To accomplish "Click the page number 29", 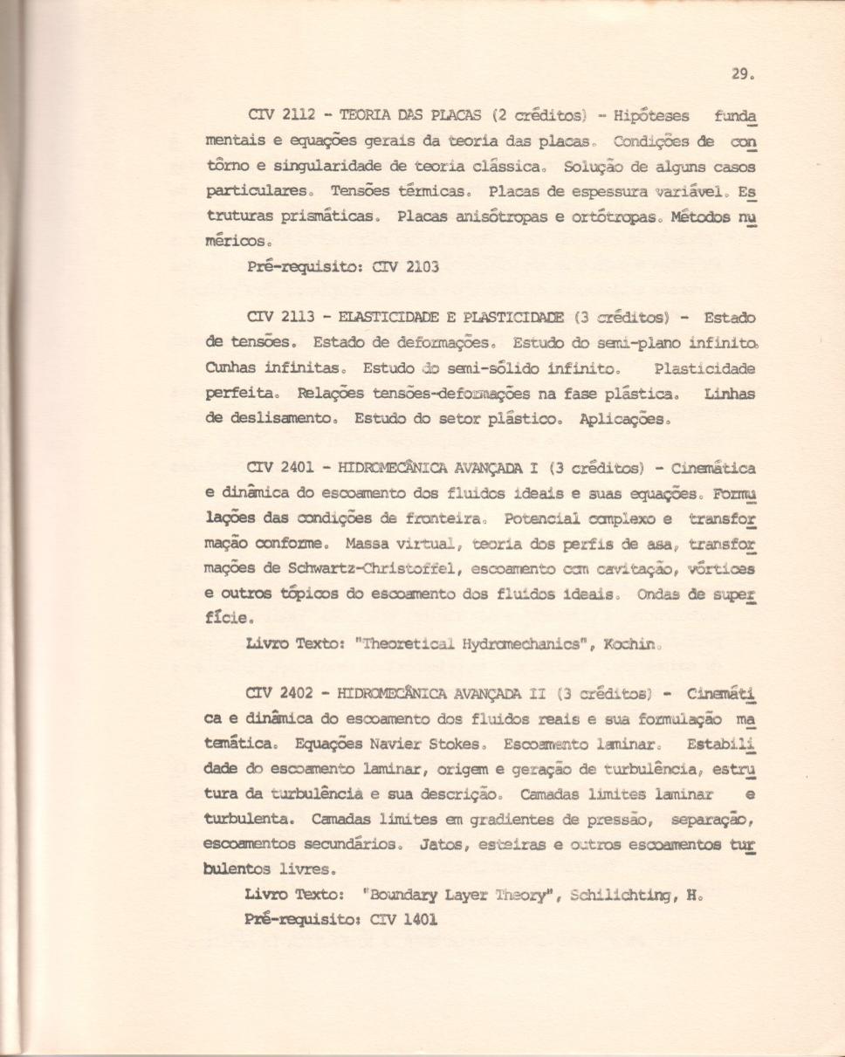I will point(739,76).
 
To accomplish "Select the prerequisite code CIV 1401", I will point(403,920).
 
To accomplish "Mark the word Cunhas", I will point(229,368).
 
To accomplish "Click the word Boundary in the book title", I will point(404,896).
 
